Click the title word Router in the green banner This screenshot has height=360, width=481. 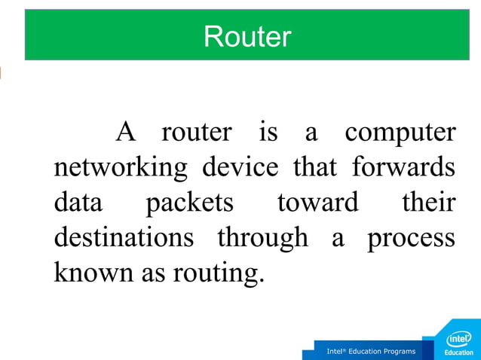click(x=247, y=35)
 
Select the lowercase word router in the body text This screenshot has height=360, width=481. click(x=197, y=133)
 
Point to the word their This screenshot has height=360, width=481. click(x=428, y=203)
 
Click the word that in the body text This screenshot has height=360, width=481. click(x=315, y=167)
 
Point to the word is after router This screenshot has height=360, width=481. click(x=268, y=133)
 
